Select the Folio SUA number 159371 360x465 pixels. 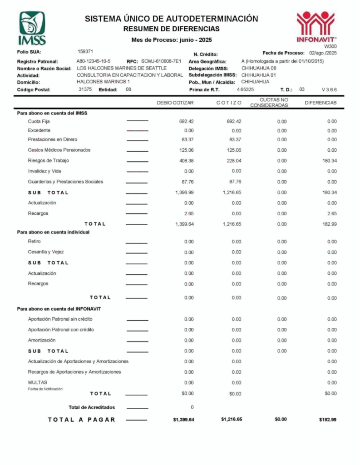pos(85,51)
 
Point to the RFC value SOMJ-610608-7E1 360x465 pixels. pos(161,61)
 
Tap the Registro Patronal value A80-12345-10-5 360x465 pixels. pos(94,61)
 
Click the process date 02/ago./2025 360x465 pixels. pos(323,53)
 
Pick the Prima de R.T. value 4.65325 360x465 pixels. pos(245,89)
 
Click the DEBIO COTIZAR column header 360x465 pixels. pos(175,103)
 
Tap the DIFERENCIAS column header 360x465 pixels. pos(321,103)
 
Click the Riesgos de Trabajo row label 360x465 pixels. pos(48,160)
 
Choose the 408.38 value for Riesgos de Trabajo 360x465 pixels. pos(187,161)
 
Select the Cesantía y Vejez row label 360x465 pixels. pos(46,252)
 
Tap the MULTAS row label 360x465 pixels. pos(37,382)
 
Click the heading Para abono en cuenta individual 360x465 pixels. pos(53,232)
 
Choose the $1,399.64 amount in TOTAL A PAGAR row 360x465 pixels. pos(183,420)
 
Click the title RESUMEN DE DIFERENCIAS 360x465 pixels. pos(171,29)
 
